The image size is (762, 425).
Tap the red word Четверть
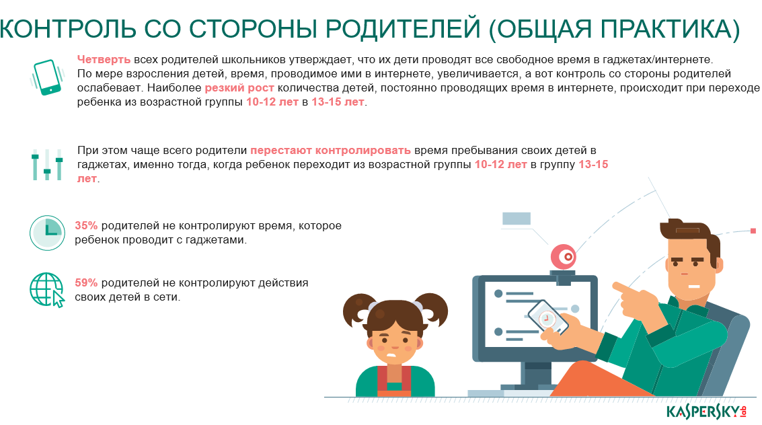point(104,60)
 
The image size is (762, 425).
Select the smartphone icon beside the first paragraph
point(47,77)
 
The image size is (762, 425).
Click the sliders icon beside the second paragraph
point(47,165)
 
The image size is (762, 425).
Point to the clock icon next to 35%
point(47,233)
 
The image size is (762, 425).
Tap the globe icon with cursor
point(47,290)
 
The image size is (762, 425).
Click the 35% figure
point(86,226)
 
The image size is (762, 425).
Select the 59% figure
point(86,282)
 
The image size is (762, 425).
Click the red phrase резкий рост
point(239,88)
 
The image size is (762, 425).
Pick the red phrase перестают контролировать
point(330,151)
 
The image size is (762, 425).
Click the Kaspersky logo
point(706,412)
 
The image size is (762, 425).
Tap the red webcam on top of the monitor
point(563,256)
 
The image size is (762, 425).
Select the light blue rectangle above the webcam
point(517,219)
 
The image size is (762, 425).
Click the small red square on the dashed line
point(753,231)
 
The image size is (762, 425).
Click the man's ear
point(718,265)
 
